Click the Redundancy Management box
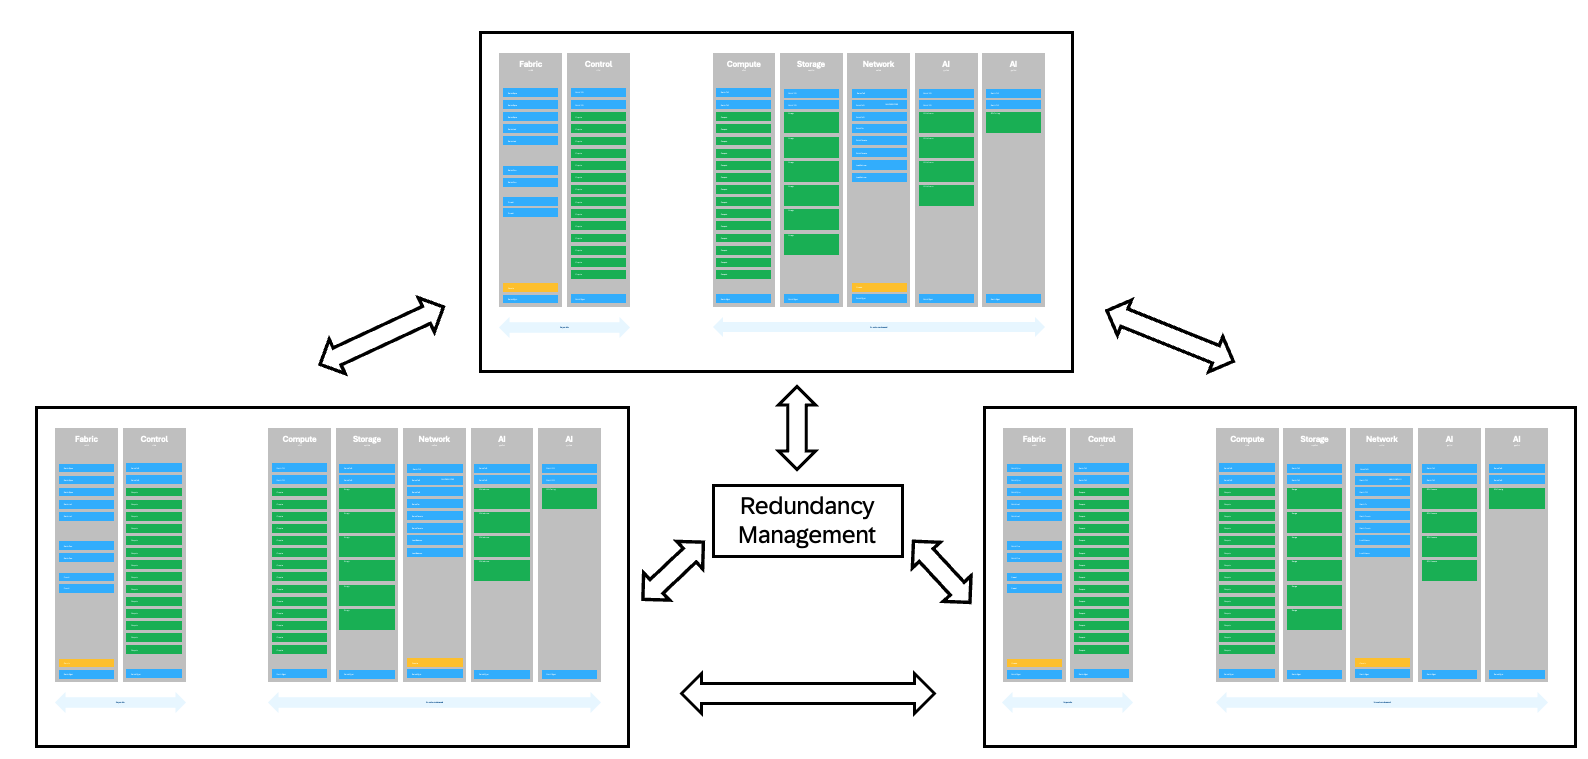(x=807, y=520)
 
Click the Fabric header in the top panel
(x=530, y=64)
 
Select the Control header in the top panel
(x=598, y=64)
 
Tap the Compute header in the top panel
(x=743, y=64)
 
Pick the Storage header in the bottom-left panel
(x=366, y=439)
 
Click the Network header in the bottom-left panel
(x=434, y=439)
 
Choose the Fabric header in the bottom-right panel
(x=1034, y=439)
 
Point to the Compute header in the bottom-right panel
(x=1246, y=439)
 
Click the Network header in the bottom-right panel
(x=1381, y=439)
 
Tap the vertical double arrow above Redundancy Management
(x=797, y=428)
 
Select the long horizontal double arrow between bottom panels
(x=807, y=693)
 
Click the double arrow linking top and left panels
(x=381, y=336)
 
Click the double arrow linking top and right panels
(x=1169, y=335)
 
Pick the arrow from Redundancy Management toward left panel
(x=673, y=571)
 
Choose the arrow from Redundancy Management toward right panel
(x=942, y=572)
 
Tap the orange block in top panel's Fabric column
(x=530, y=288)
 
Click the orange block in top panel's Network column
(x=879, y=288)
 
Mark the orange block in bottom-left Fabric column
(x=86, y=663)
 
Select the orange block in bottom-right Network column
(x=1382, y=663)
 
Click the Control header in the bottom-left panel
(x=154, y=439)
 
